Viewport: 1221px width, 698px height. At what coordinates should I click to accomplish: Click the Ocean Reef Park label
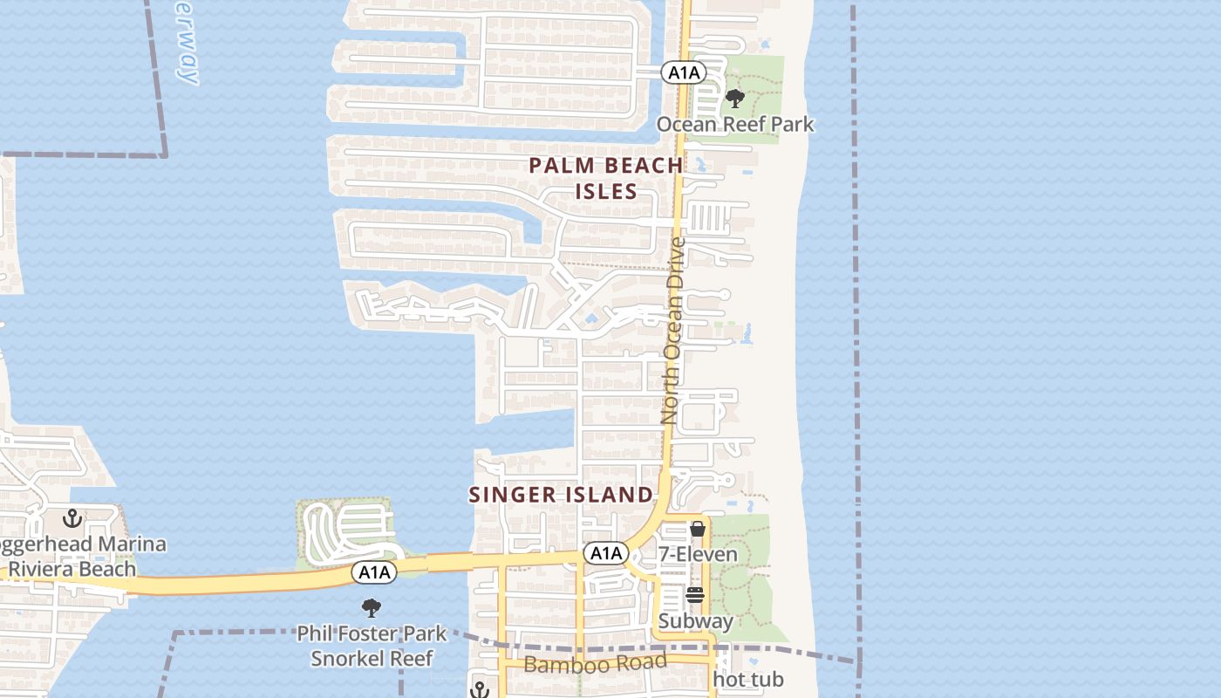coord(734,124)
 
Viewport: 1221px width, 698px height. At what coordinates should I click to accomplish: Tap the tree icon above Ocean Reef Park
coord(735,98)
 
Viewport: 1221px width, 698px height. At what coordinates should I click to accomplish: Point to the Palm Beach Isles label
coord(606,178)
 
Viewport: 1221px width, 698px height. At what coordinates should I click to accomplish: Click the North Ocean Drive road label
coord(673,332)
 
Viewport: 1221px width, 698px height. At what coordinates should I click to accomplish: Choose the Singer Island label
coord(561,495)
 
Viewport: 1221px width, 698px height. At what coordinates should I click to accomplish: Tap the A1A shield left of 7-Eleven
coord(605,553)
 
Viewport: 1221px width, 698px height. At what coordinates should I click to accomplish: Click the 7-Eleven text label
coord(698,554)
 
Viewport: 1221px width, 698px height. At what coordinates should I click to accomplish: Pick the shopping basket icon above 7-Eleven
coord(697,529)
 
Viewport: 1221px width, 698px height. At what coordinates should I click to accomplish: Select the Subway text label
coord(695,621)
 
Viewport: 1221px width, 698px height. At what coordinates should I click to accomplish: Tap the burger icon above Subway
coord(695,595)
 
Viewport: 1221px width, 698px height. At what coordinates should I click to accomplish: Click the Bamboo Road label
coord(595,663)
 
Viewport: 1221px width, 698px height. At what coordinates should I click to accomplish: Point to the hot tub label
coord(748,679)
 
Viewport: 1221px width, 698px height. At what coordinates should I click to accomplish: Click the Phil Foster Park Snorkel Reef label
coord(372,646)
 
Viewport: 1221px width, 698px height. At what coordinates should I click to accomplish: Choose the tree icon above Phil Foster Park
coord(372,607)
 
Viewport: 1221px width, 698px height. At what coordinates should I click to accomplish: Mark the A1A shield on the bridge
coord(374,572)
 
